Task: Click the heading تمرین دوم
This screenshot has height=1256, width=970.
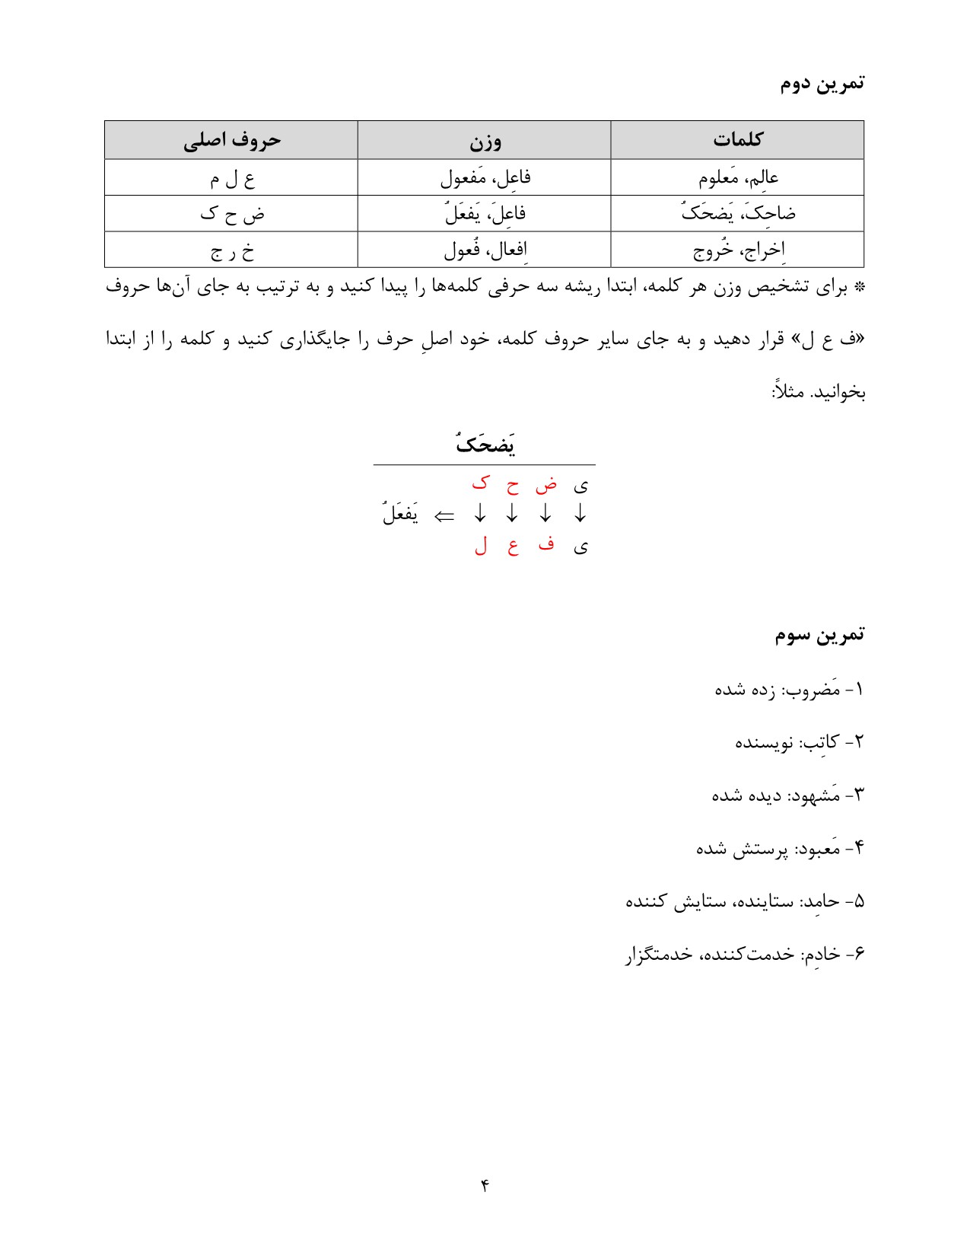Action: pos(822,83)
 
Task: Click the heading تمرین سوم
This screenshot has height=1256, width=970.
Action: pos(819,635)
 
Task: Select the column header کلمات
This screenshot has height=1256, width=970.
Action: pos(737,140)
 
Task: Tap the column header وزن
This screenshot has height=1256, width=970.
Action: pos(485,141)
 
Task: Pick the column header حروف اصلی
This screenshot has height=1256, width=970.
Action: pos(231,141)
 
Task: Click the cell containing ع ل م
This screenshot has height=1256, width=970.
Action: pos(231,179)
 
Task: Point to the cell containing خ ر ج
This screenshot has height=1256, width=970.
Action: pos(231,250)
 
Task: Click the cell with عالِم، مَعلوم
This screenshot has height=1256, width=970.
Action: pos(738,178)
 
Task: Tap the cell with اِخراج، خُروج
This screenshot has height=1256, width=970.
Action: pos(738,250)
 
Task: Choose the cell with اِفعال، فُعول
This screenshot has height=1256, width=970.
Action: pos(485,250)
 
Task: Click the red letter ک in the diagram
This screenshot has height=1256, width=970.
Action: pos(480,483)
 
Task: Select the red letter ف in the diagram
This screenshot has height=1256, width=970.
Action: pos(545,545)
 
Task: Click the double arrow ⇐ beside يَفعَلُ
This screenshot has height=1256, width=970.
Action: pos(444,516)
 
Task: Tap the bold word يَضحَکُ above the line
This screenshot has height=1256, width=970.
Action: pos(485,444)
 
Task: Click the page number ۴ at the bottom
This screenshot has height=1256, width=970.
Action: pos(485,1185)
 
